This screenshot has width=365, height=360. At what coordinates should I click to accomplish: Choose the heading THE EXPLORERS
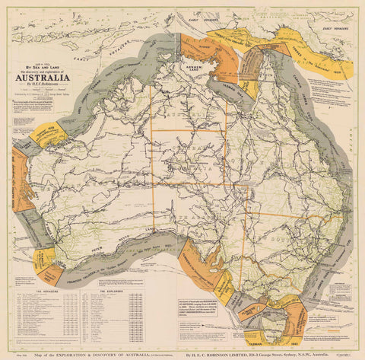(112, 290)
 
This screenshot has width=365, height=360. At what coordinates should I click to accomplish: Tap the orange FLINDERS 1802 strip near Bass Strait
(228, 285)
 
